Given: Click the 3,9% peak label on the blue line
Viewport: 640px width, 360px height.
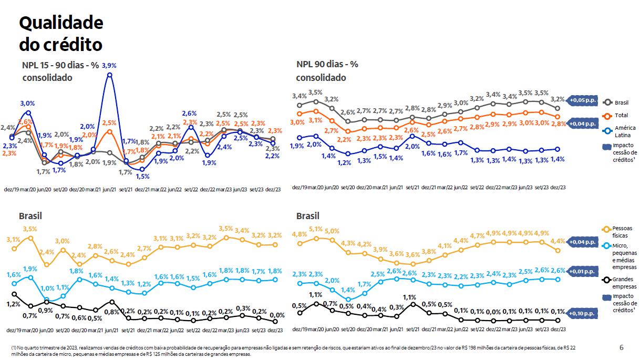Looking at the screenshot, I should coord(109,66).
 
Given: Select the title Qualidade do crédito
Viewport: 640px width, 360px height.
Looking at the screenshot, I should coord(61,34).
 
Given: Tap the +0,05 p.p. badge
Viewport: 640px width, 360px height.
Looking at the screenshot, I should coord(582,99).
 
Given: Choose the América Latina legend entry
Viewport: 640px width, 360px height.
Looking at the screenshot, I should coord(624,131).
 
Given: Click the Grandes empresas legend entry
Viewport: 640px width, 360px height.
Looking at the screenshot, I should coord(624,283).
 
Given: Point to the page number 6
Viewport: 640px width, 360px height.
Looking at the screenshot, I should coord(622,347).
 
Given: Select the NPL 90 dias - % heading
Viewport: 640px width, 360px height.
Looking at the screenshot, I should coord(327,64).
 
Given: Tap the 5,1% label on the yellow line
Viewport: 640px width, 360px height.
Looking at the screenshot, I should coord(316,229).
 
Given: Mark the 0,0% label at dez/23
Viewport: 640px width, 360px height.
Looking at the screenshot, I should coord(276,315).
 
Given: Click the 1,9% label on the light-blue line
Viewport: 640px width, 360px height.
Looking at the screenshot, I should coord(30,269).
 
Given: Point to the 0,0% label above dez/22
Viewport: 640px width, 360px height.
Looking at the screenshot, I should coord(493,312).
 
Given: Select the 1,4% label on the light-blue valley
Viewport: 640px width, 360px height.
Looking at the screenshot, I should coord(348,290).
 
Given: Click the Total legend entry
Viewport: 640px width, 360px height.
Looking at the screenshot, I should coord(620,115).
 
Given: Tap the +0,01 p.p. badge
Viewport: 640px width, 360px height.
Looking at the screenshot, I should coord(582,271).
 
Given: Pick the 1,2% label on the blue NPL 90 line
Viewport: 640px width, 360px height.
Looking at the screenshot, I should coord(344,163).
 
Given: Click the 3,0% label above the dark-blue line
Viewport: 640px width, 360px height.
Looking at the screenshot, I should coord(27,103).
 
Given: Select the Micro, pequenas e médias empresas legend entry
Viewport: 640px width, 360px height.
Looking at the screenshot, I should coord(624,256).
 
